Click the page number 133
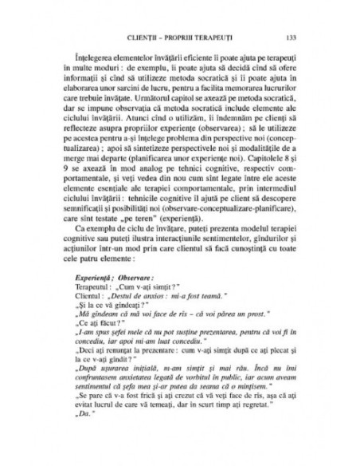tap(291, 37)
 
